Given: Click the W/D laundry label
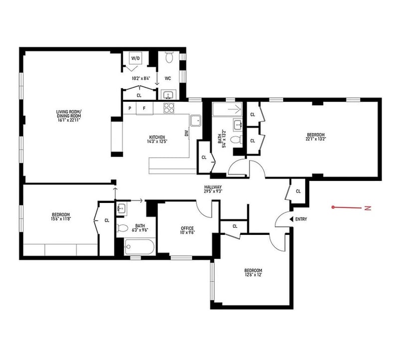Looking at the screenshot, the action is point(136,58).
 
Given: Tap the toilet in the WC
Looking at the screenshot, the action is point(169,57).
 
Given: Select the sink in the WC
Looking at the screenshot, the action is point(168,95).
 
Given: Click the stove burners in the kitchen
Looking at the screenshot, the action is point(168,108).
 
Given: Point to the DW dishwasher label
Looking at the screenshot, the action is point(187,133).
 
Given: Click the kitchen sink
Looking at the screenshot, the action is point(196,121).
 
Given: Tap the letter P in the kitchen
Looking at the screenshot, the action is point(130,108).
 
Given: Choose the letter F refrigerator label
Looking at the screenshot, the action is point(144,108).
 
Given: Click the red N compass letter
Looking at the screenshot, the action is point(368,208).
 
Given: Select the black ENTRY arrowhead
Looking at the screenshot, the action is point(292,219).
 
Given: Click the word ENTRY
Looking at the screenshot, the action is point(301,219).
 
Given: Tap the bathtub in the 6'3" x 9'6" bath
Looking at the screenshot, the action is point(140,246).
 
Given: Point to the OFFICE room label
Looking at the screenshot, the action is point(188,228).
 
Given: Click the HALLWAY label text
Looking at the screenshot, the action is point(213,187).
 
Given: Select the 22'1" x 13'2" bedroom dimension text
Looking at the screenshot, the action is point(316,139).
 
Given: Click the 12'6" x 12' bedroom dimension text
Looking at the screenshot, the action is point(253,275).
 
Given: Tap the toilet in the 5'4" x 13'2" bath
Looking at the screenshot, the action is point(236,140).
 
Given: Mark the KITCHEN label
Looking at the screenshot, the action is point(157,137).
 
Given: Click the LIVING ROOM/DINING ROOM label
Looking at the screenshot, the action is point(69,114).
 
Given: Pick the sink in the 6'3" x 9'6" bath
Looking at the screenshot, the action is point(122,208).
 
